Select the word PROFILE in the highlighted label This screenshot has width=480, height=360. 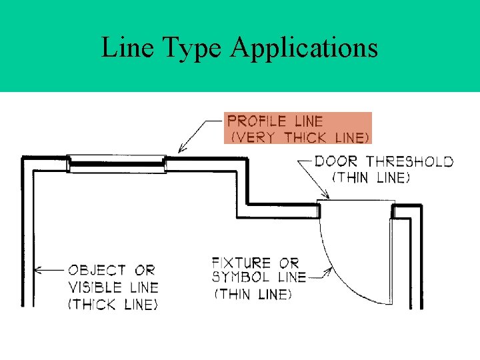(256, 121)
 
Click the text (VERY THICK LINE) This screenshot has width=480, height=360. (299, 137)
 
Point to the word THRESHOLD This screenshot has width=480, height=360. (410, 161)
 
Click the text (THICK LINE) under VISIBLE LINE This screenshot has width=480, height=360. (113, 305)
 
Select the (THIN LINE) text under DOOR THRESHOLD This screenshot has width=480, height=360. (371, 178)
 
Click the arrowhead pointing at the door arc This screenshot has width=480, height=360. (328, 271)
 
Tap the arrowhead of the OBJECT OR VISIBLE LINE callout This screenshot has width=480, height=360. (38, 270)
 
